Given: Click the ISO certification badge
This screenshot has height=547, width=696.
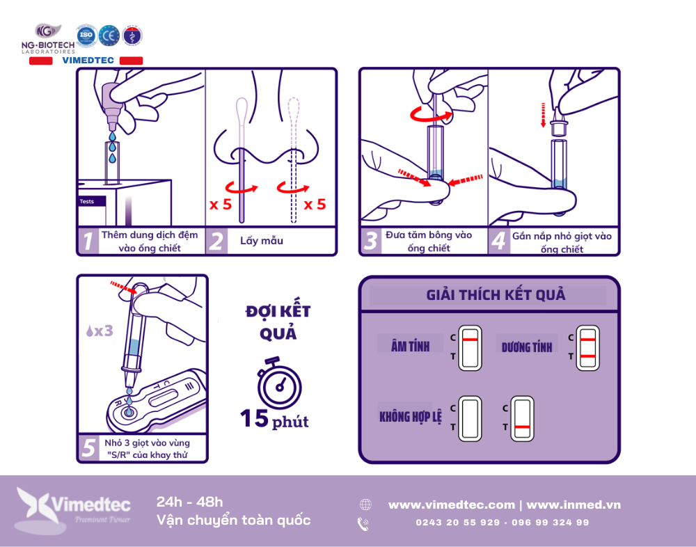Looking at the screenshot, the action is pyautogui.click(x=86, y=35).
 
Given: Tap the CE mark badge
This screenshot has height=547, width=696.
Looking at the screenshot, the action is pyautogui.click(x=109, y=35).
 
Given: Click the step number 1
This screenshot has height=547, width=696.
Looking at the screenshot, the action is pyautogui.click(x=88, y=241).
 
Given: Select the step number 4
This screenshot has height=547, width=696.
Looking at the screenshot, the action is pyautogui.click(x=499, y=241).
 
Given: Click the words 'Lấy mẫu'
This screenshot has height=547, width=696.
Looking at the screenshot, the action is pyautogui.click(x=262, y=241).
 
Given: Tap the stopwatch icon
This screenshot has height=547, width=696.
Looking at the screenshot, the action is pyautogui.click(x=279, y=383).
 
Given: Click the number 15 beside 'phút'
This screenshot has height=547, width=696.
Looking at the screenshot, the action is pyautogui.click(x=255, y=418).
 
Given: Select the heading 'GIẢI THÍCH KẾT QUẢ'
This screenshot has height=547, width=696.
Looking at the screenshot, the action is pyautogui.click(x=496, y=295).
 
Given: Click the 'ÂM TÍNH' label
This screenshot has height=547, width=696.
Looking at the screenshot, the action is pyautogui.click(x=410, y=345).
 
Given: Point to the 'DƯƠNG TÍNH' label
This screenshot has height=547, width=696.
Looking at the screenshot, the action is pyautogui.click(x=527, y=347).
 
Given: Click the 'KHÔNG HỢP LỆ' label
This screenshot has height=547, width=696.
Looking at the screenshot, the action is pyautogui.click(x=411, y=416).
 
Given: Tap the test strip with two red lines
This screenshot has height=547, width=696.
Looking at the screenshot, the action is pyautogui.click(x=587, y=348).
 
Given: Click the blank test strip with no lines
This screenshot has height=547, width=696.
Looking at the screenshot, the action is pyautogui.click(x=470, y=419).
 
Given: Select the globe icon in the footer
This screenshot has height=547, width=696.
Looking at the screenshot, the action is pyautogui.click(x=365, y=505).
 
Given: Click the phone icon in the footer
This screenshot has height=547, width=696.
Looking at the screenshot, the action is pyautogui.click(x=363, y=524).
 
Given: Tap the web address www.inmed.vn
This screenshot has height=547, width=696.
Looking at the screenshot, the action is pyautogui.click(x=574, y=505).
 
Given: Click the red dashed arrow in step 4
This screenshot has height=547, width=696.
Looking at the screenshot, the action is pyautogui.click(x=543, y=115).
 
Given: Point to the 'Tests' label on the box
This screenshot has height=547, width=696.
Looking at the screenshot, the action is pyautogui.click(x=87, y=202).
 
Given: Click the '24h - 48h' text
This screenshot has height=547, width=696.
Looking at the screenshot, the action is pyautogui.click(x=189, y=502).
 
